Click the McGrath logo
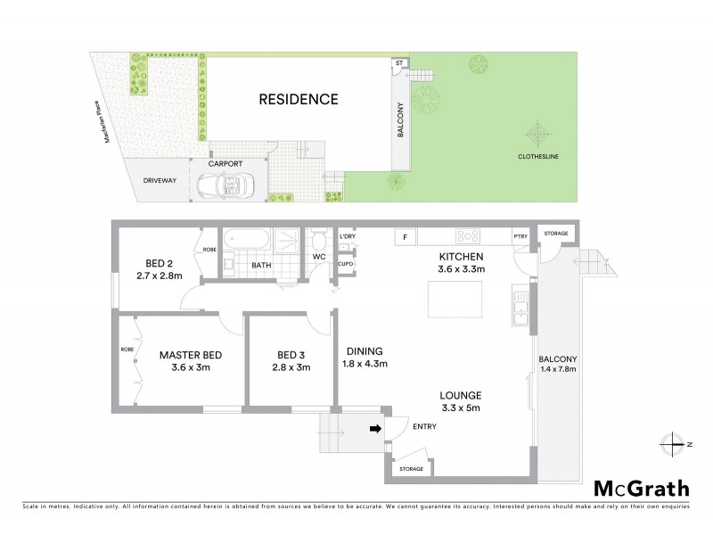pyautogui.click(x=641, y=488)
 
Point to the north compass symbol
pyautogui.click(x=676, y=443)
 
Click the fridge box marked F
pyautogui.click(x=405, y=237)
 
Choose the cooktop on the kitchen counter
pyautogui.click(x=469, y=236)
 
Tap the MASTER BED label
pyautogui.click(x=191, y=355)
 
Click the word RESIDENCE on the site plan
pyautogui.click(x=299, y=99)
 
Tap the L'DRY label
pyautogui.click(x=347, y=236)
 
